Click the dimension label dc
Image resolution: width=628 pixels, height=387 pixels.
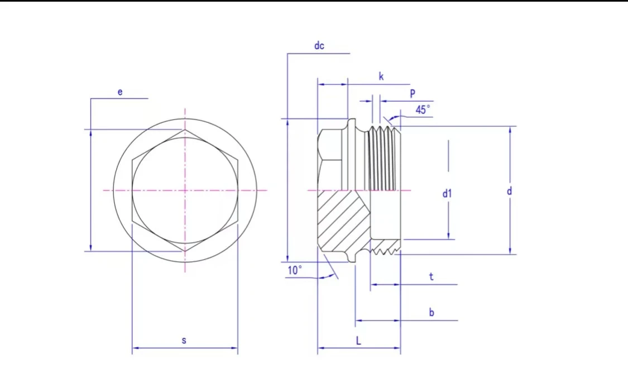click(x=319, y=46)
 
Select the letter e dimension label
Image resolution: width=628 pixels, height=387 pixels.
click(x=120, y=92)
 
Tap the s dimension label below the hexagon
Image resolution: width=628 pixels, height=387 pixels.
click(x=184, y=341)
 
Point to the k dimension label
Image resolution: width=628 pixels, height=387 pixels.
click(x=381, y=77)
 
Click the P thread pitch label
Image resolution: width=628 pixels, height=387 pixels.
click(x=413, y=94)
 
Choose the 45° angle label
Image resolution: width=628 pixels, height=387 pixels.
click(x=423, y=110)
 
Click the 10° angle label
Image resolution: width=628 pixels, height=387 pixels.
click(x=295, y=270)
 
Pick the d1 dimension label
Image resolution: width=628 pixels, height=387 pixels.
click(x=447, y=194)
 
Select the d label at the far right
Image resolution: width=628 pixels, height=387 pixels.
click(x=510, y=191)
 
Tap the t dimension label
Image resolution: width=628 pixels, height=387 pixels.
click(x=431, y=276)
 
